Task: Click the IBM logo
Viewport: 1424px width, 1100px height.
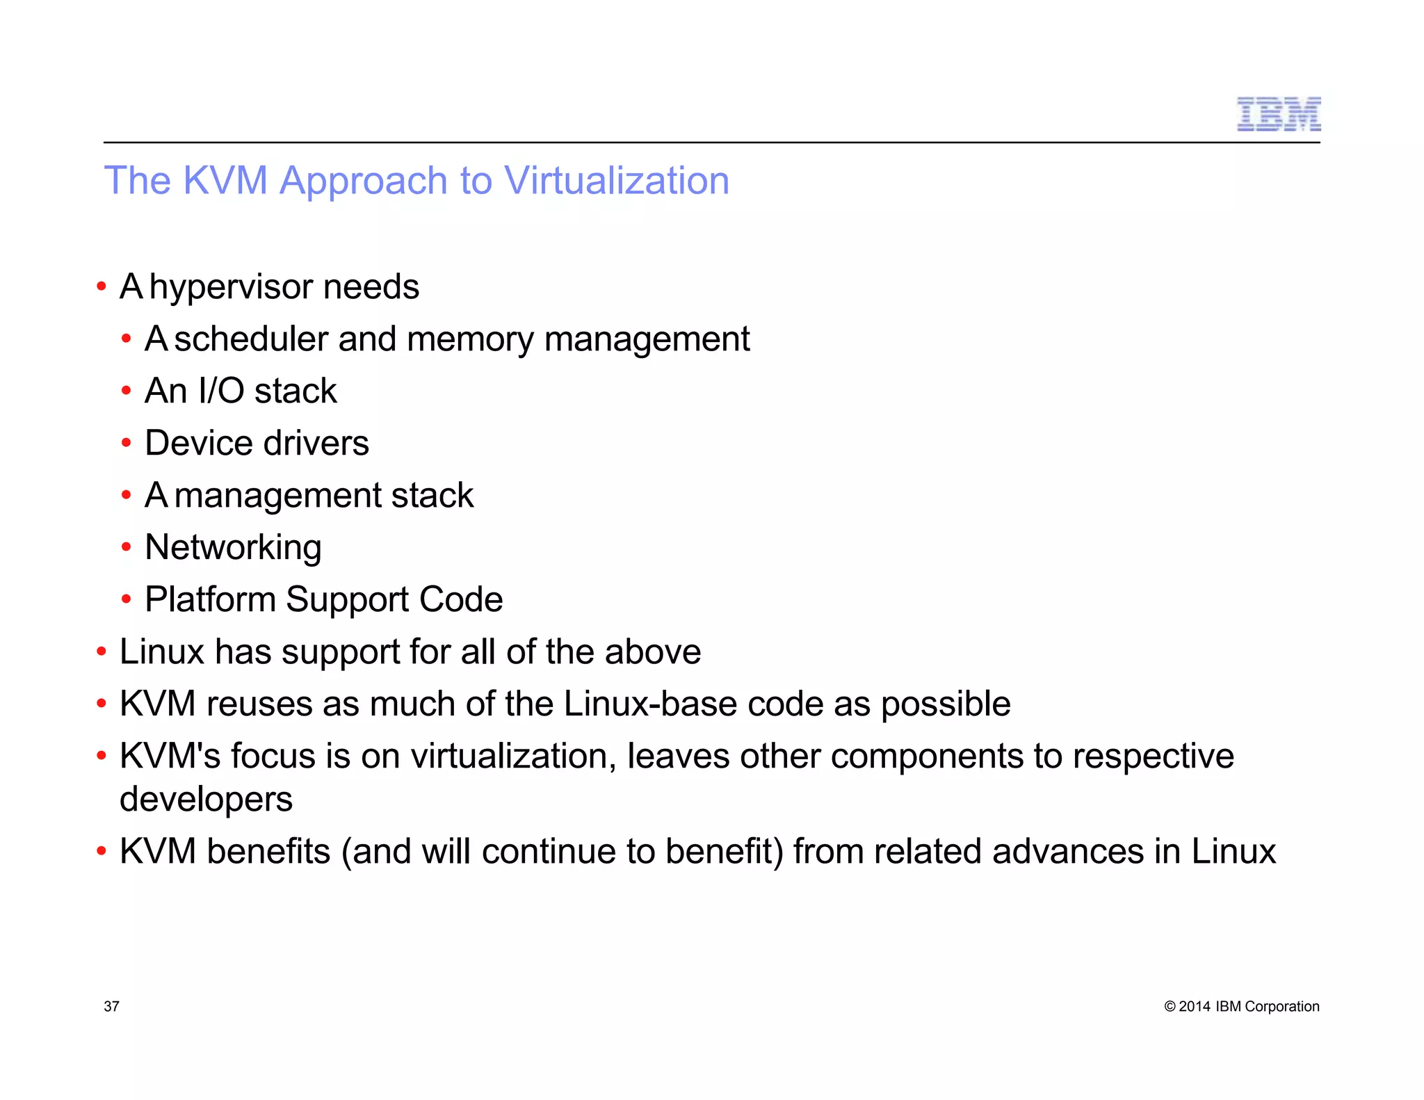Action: pyautogui.click(x=1278, y=115)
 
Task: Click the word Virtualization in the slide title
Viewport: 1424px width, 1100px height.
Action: pyautogui.click(x=616, y=181)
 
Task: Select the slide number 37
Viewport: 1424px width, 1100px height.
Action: pyautogui.click(x=111, y=1006)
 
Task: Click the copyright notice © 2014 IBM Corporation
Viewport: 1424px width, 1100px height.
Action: pyautogui.click(x=1241, y=1006)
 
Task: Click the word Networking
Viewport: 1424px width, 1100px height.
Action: pyautogui.click(x=233, y=548)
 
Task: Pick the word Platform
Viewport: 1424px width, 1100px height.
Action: pyautogui.click(x=210, y=600)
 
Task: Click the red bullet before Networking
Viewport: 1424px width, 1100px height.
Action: pyautogui.click(x=126, y=547)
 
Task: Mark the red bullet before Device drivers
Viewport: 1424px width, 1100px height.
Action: pyautogui.click(x=126, y=443)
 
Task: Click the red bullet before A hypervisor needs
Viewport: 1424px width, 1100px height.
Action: pyautogui.click(x=102, y=286)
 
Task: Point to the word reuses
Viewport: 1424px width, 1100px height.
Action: pyautogui.click(x=259, y=704)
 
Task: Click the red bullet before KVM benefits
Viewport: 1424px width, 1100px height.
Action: pyautogui.click(x=102, y=851)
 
